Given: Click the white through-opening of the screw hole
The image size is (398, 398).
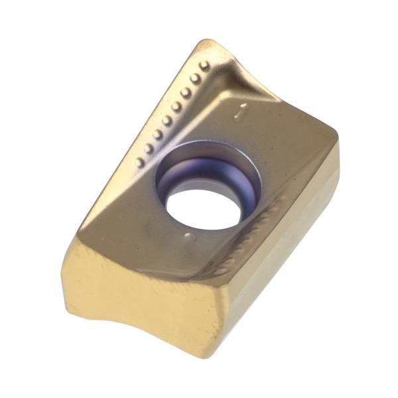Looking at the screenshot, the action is (x=203, y=209).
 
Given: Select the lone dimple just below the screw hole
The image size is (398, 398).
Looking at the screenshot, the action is (x=189, y=237).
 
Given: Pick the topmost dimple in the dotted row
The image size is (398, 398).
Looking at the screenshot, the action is (x=204, y=66).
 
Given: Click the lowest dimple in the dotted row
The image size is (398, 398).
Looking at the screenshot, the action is (x=140, y=162).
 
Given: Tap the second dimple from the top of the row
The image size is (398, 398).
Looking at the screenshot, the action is (x=195, y=78).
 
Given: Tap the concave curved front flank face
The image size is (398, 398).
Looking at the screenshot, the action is (x=142, y=300).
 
